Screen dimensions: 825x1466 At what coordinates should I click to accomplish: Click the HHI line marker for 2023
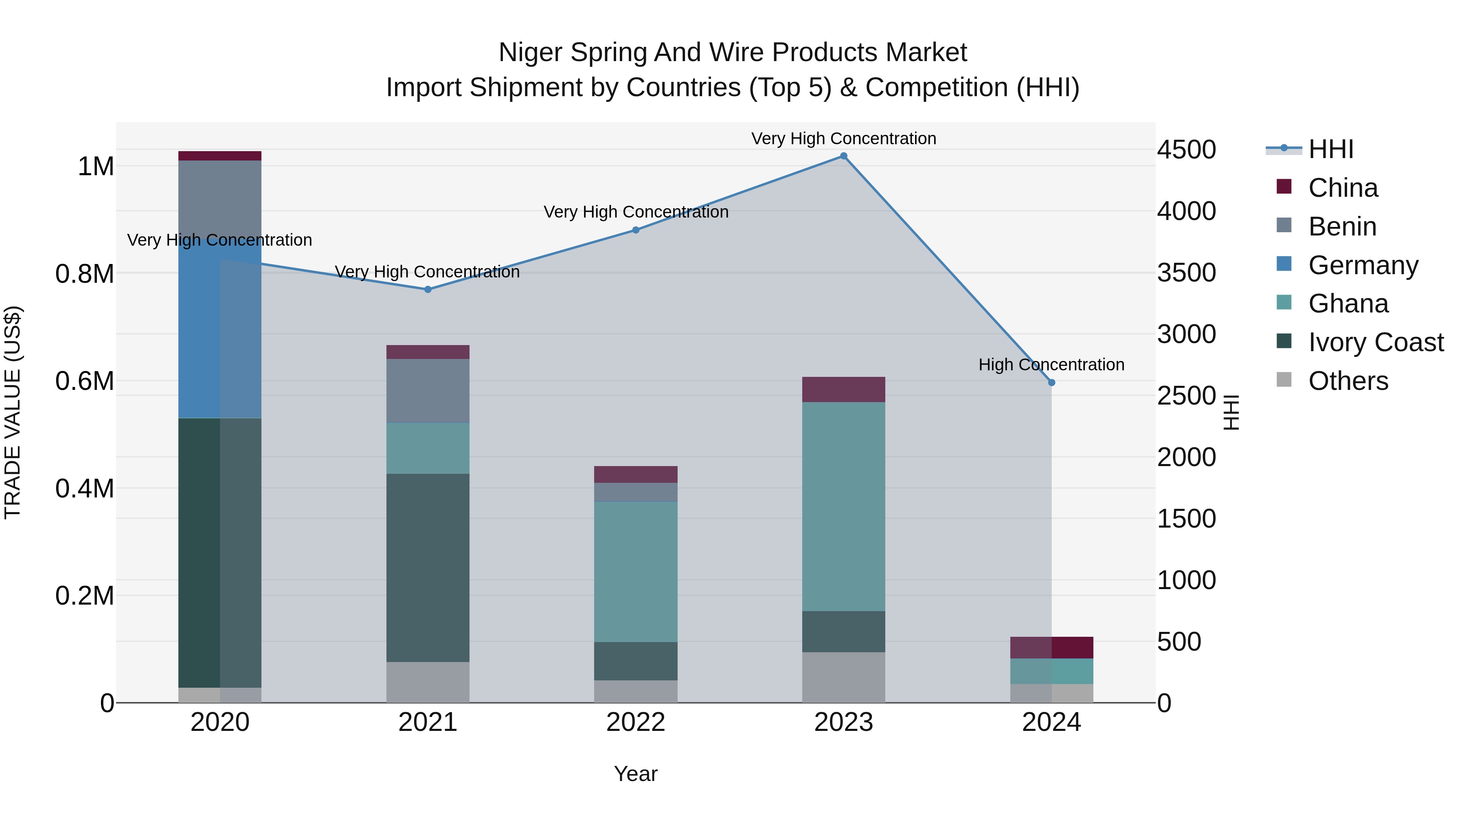click(x=843, y=156)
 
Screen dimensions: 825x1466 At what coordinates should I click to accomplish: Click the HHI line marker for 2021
click(x=428, y=289)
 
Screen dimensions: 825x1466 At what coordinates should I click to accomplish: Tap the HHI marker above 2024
click(x=1051, y=383)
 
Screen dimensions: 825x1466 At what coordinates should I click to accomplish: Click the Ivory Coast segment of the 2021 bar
click(x=428, y=567)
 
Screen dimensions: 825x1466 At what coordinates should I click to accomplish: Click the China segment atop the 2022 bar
click(x=636, y=474)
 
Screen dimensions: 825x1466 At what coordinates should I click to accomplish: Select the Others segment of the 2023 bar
click(x=843, y=677)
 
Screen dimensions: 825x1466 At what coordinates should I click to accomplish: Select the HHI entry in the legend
click(x=1330, y=149)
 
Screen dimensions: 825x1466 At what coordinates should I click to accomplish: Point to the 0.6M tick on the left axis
click(x=85, y=381)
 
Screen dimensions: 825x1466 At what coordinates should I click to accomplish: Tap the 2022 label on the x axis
click(x=636, y=722)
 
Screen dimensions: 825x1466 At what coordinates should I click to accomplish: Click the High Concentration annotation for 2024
click(x=1051, y=364)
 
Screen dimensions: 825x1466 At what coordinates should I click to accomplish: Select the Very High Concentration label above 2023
click(x=843, y=139)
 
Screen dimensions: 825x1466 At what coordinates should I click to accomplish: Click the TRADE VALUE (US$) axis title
click(x=13, y=412)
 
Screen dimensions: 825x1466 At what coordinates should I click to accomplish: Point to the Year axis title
click(x=636, y=774)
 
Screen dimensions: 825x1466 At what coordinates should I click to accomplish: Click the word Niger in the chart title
click(x=530, y=53)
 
